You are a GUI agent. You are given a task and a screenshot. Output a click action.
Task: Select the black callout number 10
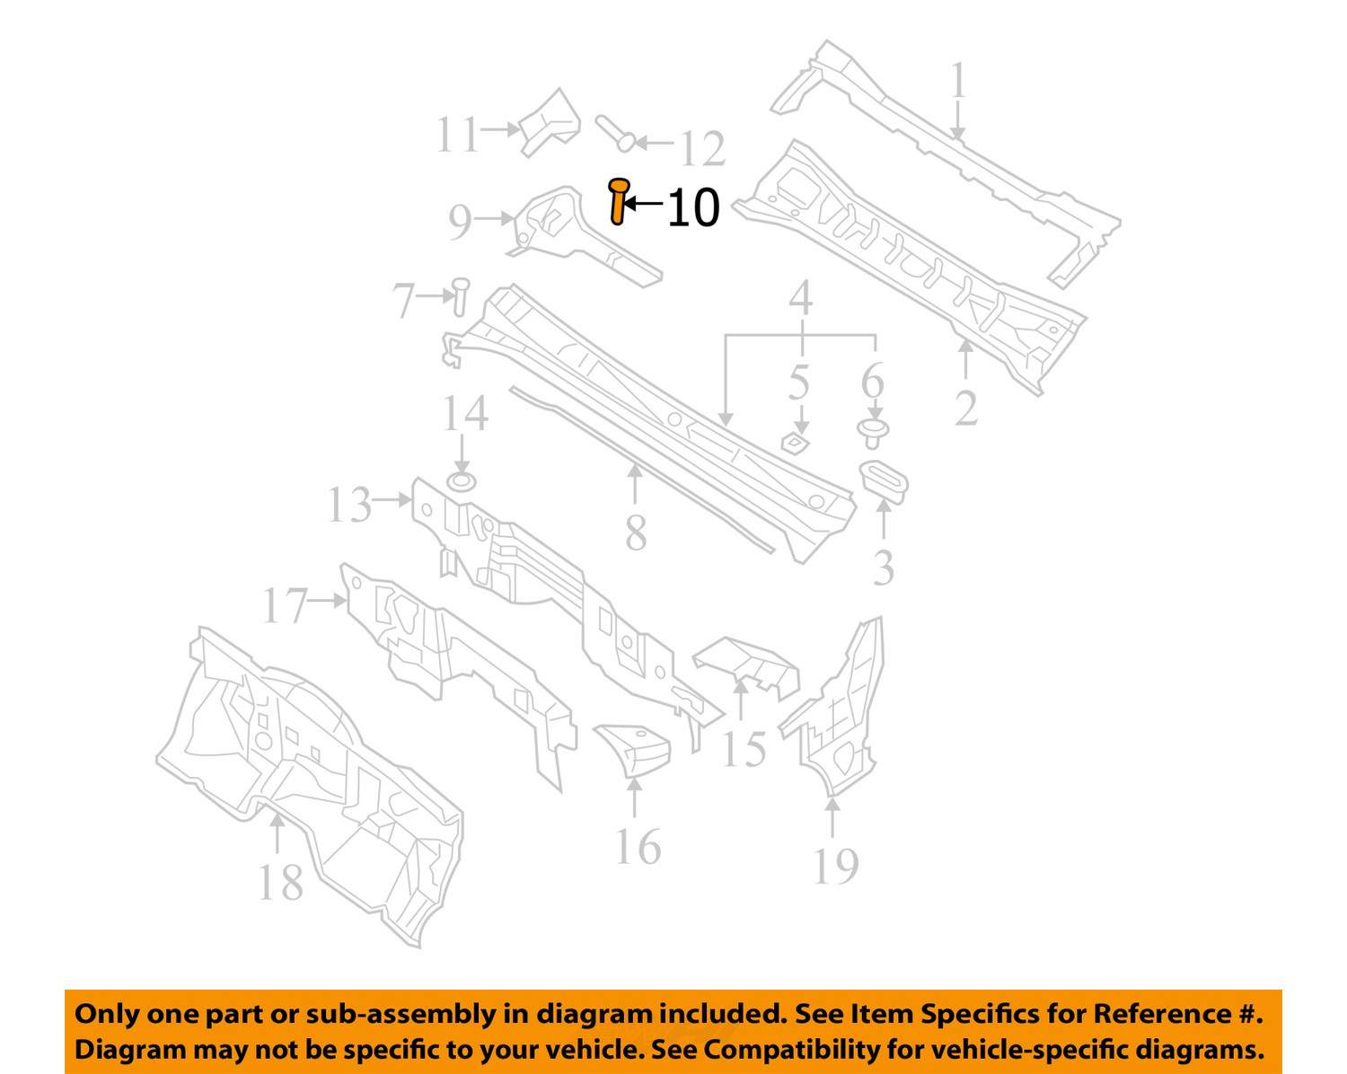[x=693, y=208]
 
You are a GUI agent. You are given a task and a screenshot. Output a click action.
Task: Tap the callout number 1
[x=958, y=81]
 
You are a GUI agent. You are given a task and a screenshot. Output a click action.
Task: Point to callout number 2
[x=965, y=409]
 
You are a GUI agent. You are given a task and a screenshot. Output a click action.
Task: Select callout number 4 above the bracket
[x=800, y=298]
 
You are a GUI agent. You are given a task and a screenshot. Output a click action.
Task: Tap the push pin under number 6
[x=871, y=432]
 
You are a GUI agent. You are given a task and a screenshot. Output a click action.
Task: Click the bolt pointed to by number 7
[x=460, y=296]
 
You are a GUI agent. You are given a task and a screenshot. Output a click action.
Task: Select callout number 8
[x=636, y=533]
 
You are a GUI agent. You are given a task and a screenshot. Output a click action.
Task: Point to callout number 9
[x=460, y=222]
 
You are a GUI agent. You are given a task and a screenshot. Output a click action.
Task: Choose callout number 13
[x=348, y=505]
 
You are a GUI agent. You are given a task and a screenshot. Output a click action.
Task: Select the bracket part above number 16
[x=634, y=749]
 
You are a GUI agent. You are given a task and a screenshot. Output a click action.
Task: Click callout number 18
[x=280, y=883]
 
